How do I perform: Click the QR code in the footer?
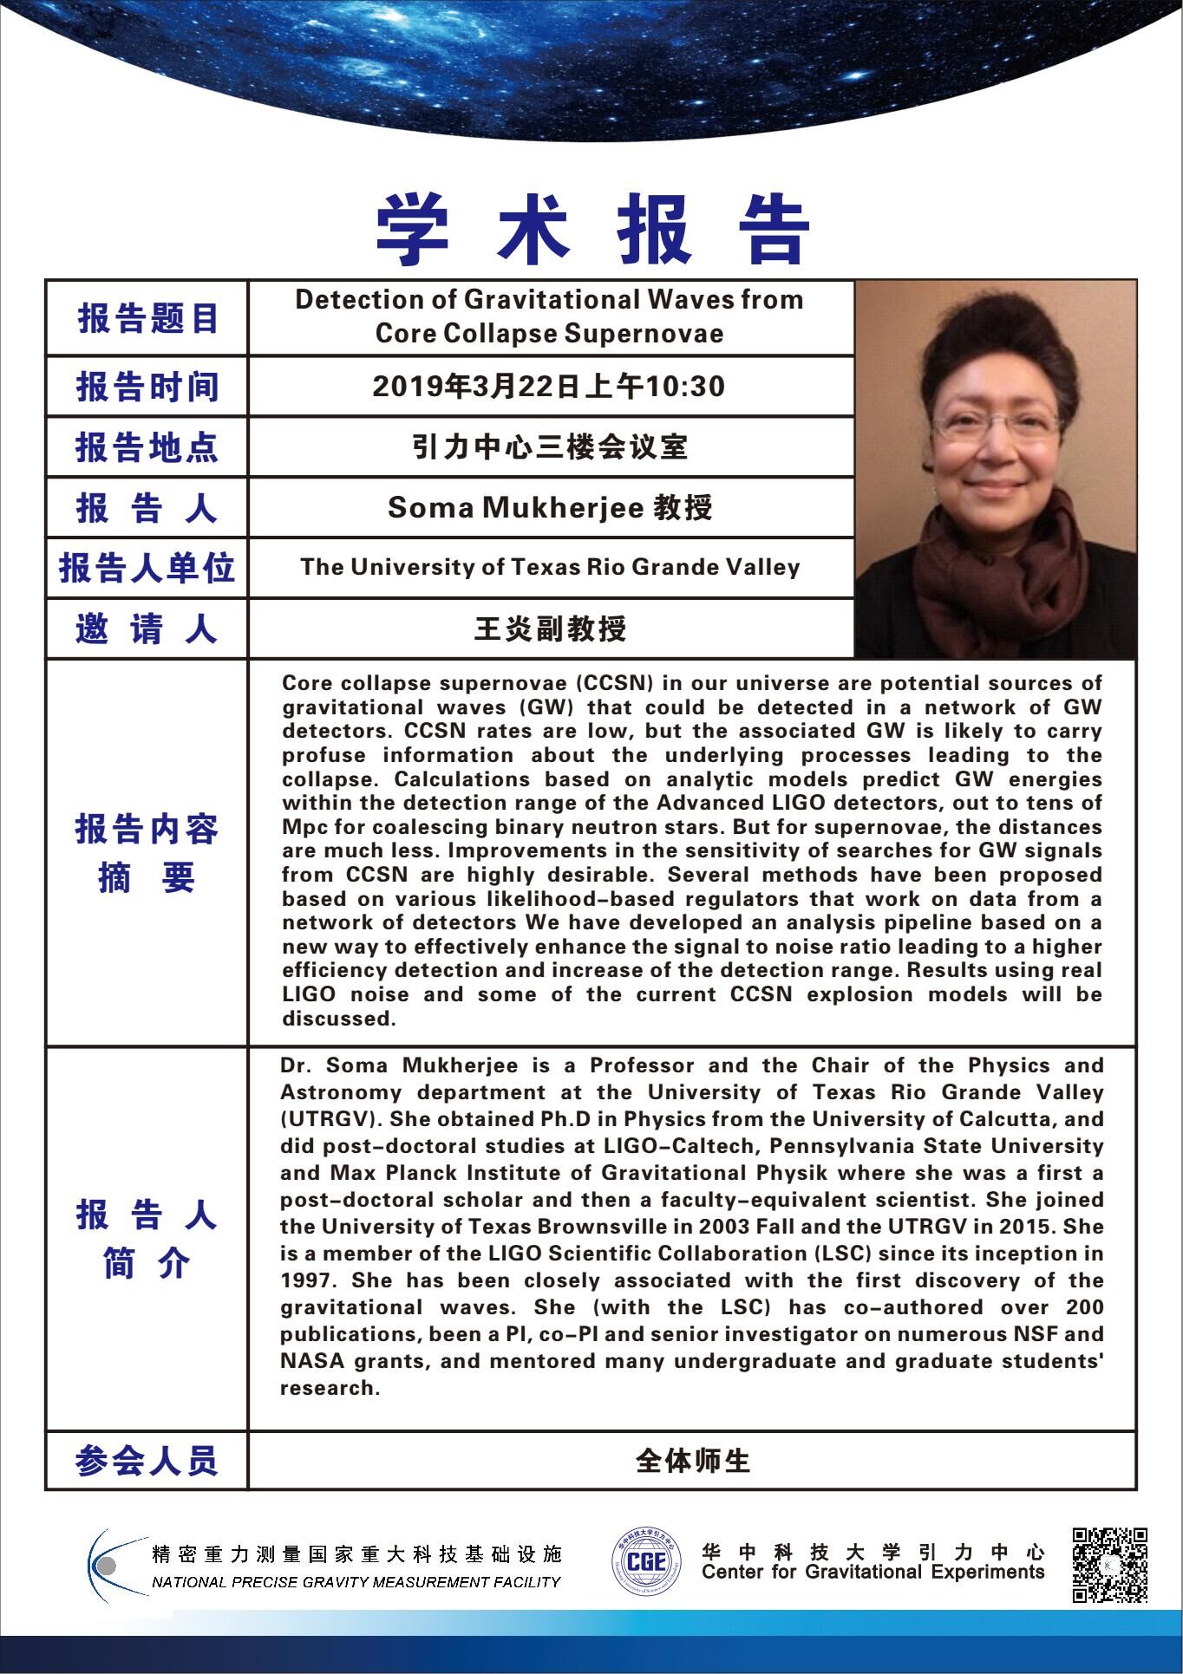[1110, 1564]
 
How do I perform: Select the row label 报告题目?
[147, 318]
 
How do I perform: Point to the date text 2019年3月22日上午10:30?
[548, 387]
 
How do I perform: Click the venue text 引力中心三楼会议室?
[550, 447]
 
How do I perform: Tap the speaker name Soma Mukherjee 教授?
[550, 507]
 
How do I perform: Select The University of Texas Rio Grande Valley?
[550, 567]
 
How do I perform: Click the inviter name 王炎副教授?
[550, 629]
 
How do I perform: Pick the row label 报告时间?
[147, 387]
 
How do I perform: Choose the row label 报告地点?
[147, 447]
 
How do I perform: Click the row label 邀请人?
[147, 629]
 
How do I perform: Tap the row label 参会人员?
[147, 1461]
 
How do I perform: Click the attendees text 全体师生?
[692, 1461]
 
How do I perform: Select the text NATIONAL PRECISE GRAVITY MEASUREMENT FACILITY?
[356, 1582]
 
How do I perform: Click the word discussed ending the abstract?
[339, 1019]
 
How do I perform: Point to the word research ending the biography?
[330, 1388]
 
